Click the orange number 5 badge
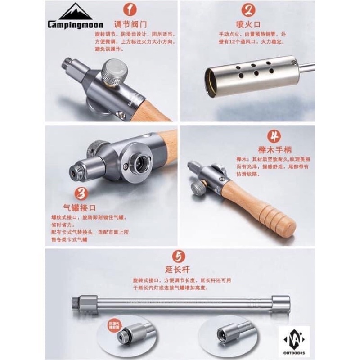179,256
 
